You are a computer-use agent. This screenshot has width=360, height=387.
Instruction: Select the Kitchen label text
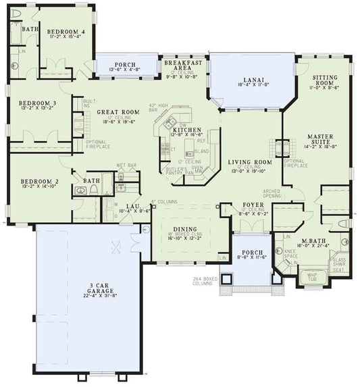(x=184, y=129)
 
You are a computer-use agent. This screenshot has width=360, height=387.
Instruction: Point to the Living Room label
(x=249, y=162)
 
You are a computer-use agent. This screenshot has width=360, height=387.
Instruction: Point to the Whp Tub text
(x=312, y=276)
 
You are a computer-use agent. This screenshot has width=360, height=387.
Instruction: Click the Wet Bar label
(x=124, y=164)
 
